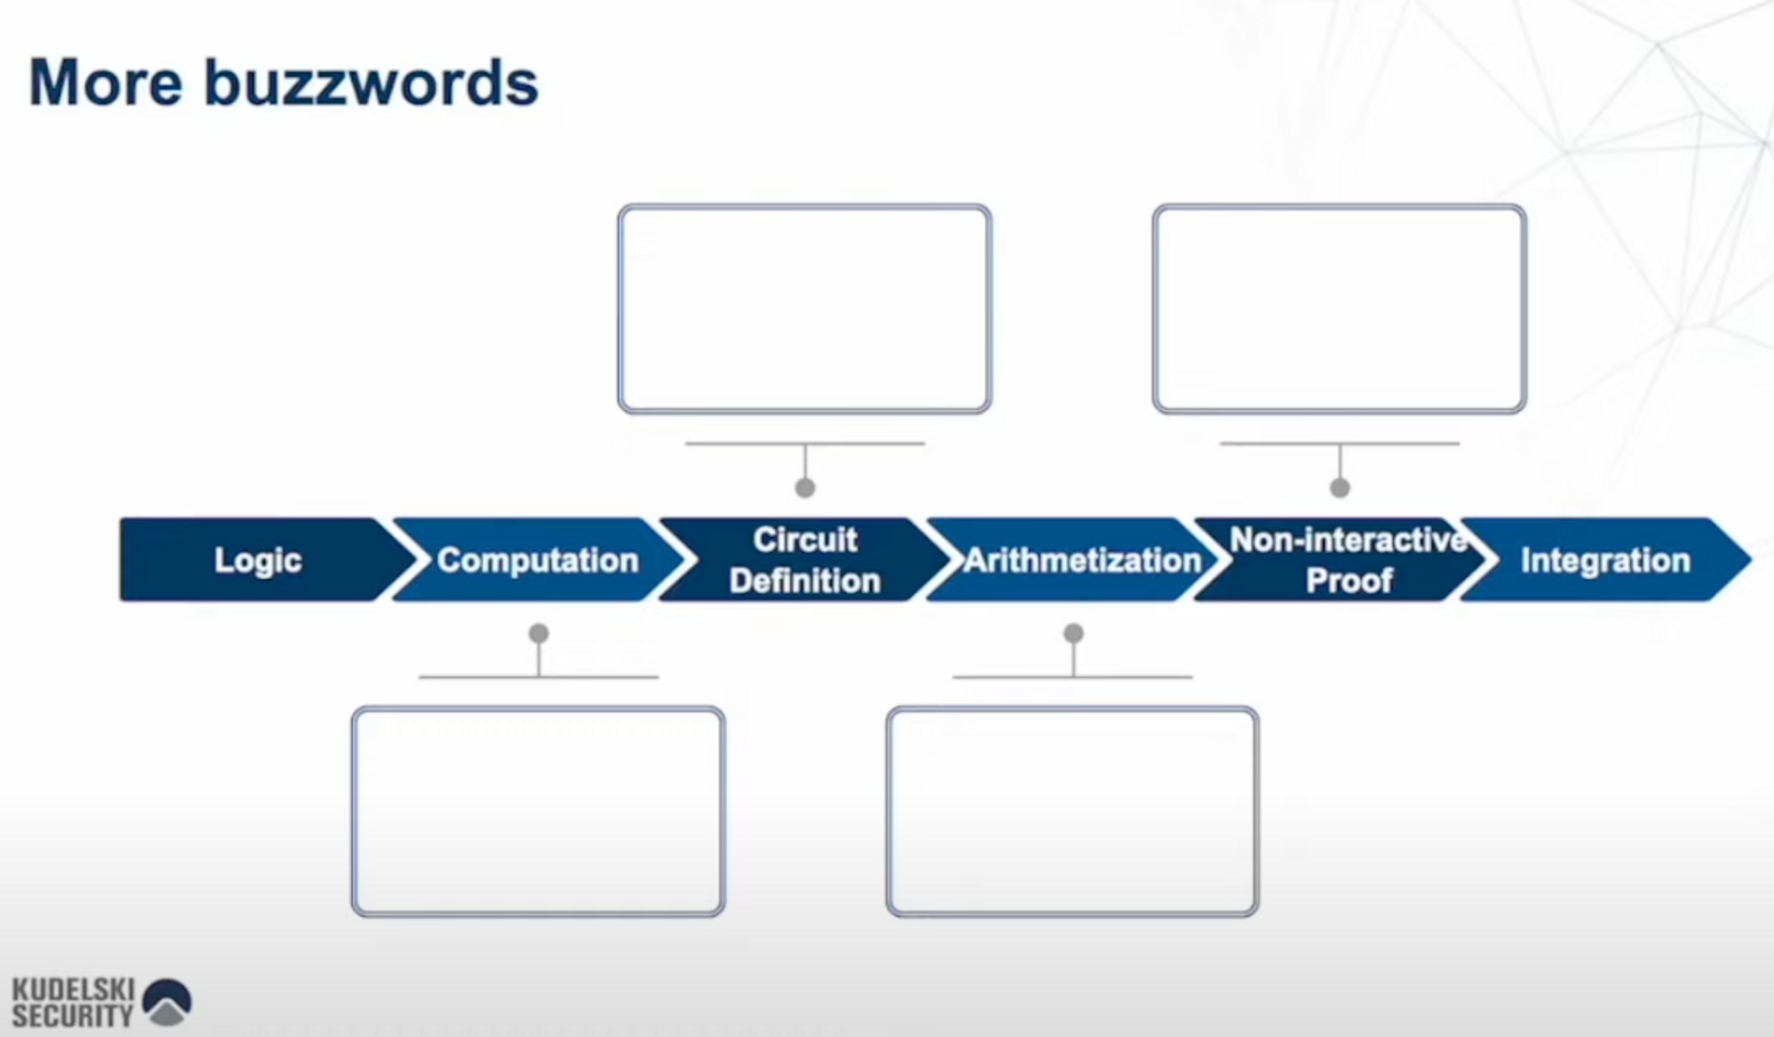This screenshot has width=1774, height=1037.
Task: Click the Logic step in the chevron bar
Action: click(x=259, y=560)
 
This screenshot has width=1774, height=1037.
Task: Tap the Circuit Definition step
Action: click(x=805, y=560)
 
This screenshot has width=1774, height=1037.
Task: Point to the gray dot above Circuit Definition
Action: click(x=805, y=488)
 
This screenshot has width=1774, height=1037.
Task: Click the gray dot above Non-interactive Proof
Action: click(x=1340, y=488)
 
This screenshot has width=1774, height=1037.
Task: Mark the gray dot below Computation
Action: click(x=539, y=633)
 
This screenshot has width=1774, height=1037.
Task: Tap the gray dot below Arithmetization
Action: click(x=1074, y=633)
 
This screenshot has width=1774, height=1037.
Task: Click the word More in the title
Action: click(x=106, y=83)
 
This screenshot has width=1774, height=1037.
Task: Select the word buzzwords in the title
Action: click(x=371, y=83)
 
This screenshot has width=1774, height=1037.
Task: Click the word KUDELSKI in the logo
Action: click(x=73, y=989)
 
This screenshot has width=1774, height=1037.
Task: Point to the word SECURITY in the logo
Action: click(x=73, y=1016)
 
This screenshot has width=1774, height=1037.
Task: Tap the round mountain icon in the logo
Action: click(x=168, y=1003)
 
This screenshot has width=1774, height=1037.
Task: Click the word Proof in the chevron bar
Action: click(x=1349, y=580)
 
